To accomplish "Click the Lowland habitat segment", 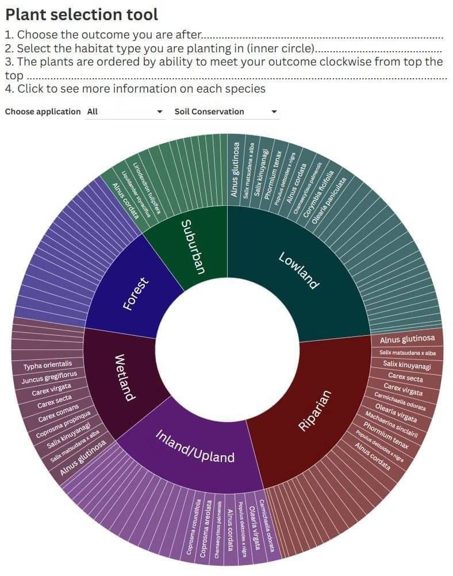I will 298,270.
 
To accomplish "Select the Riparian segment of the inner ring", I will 316,409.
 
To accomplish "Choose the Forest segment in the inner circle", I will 136,293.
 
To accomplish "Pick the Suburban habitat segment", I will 193,247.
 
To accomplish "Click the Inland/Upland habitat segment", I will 195,446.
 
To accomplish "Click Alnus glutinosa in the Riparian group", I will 407,340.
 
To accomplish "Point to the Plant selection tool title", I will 82,14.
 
